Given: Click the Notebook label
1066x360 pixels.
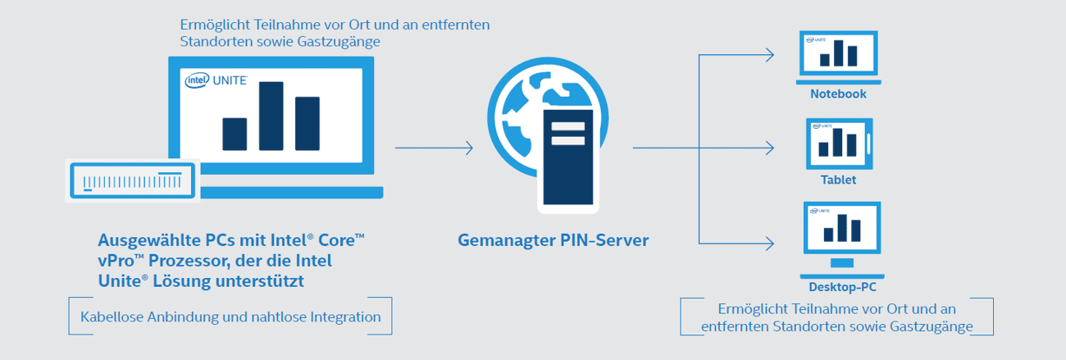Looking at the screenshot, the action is tap(838, 93).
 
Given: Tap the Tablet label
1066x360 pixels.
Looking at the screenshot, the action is tap(838, 180).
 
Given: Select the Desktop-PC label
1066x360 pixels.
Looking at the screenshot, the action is tap(842, 287).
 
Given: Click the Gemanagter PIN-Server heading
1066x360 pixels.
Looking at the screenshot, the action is tap(553, 240).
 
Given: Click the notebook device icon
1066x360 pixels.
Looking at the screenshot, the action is tap(839, 57).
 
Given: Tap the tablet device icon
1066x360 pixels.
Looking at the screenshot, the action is tap(840, 144).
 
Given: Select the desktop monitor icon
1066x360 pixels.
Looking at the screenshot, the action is tap(842, 240).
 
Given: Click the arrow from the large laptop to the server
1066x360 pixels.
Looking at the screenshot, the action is tap(434, 148).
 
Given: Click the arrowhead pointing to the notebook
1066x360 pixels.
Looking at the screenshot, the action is tap(769, 55).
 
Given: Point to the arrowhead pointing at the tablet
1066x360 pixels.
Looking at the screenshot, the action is tap(769, 148).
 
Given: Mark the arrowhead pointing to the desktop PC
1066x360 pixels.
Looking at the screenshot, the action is tap(769, 244).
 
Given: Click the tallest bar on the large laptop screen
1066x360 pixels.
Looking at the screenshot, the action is tap(271, 116).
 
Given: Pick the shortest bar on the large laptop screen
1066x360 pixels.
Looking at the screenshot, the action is tap(235, 134).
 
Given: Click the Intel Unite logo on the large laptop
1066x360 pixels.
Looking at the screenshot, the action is tap(216, 80).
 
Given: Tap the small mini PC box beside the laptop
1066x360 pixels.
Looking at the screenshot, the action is tap(132, 180).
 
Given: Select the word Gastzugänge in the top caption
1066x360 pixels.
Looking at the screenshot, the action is tap(339, 42).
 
